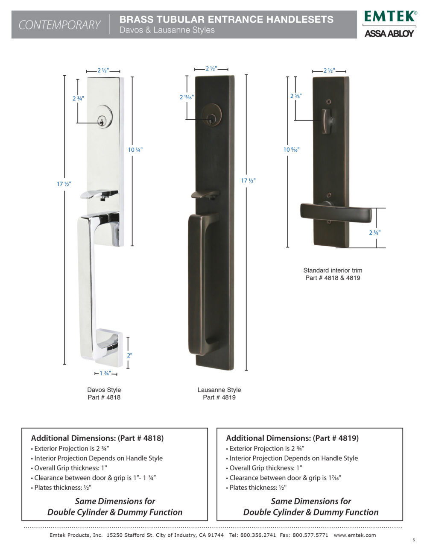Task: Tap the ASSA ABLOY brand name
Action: pos(389,33)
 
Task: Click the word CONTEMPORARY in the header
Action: pos(60,25)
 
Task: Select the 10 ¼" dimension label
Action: pos(135,150)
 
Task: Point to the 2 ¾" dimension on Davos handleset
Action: pos(78,98)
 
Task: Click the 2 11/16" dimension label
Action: pos(187,97)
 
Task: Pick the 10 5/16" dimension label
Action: pos(291,150)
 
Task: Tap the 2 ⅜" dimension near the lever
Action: pos(374,232)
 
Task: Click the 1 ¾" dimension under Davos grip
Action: pos(105,374)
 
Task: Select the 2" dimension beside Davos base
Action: pos(129,355)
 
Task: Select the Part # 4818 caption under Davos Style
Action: pos(104,397)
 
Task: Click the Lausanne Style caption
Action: pos(219,390)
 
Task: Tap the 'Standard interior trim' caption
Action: pos(333,270)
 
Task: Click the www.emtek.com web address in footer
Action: pos(354,535)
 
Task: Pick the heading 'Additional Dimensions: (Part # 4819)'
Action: pos(292,438)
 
